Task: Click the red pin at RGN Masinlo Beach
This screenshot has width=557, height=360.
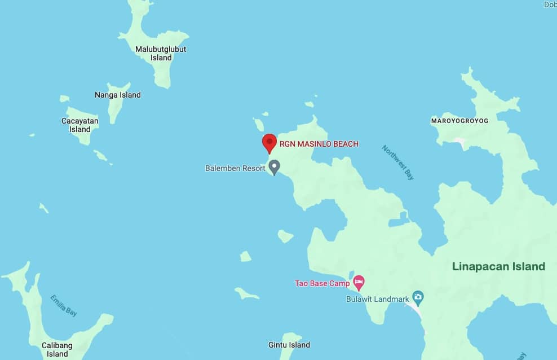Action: click(x=269, y=142)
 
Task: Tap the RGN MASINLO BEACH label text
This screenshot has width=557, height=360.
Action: click(x=319, y=144)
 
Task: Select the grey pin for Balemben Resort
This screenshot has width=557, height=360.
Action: click(x=274, y=166)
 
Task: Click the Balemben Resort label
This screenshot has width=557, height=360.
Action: click(x=235, y=168)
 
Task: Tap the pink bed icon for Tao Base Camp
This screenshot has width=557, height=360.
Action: click(x=358, y=281)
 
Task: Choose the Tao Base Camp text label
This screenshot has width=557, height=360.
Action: click(x=322, y=283)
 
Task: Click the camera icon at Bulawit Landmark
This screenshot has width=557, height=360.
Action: click(x=418, y=296)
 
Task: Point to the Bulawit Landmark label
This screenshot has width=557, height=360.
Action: click(x=377, y=299)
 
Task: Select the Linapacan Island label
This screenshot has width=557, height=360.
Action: click(x=499, y=266)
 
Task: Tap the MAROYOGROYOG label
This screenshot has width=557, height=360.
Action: click(x=459, y=121)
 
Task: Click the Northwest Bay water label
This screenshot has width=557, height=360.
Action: click(x=398, y=162)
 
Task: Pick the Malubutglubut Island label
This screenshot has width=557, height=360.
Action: click(x=161, y=53)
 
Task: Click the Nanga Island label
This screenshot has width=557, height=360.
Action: click(x=117, y=95)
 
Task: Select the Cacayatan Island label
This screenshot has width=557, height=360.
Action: click(x=80, y=125)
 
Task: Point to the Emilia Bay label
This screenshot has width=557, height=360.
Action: click(x=64, y=305)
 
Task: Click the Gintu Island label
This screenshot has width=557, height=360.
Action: click(x=289, y=345)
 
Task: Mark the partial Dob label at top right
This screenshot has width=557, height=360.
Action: click(x=550, y=5)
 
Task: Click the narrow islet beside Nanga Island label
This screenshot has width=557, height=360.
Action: click(x=115, y=109)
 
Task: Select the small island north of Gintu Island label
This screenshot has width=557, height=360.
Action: click(x=246, y=293)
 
